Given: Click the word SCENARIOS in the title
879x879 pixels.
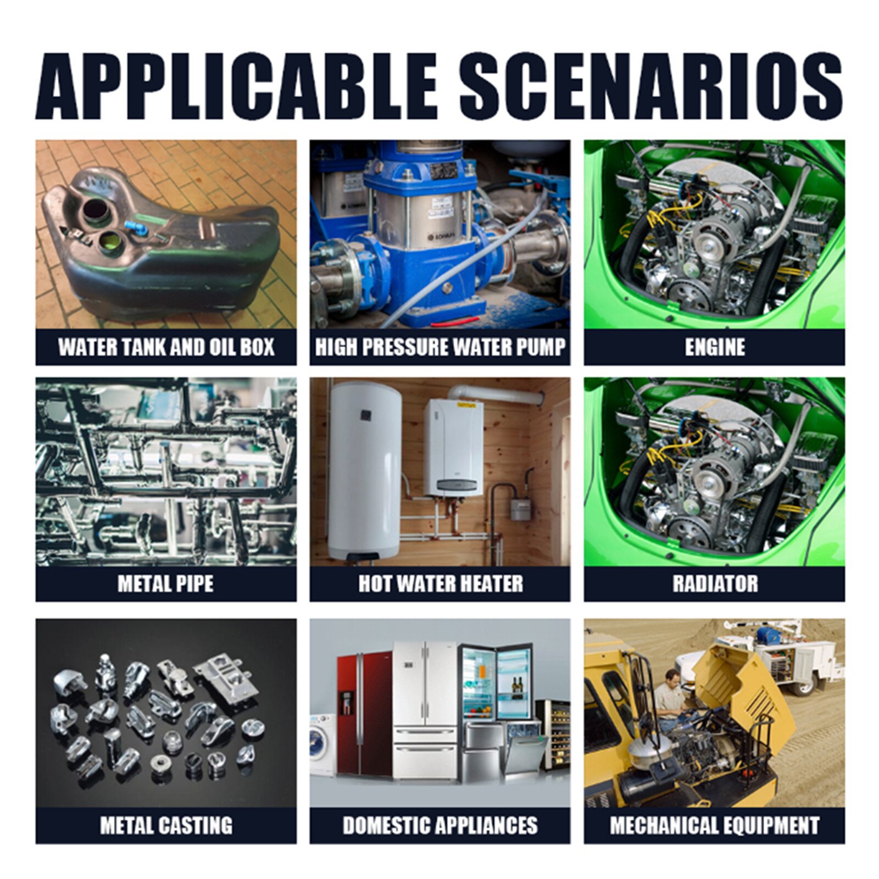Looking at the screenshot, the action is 650,86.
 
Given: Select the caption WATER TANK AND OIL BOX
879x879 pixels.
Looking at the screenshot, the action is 166,347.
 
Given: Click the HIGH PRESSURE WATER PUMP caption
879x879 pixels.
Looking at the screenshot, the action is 440,347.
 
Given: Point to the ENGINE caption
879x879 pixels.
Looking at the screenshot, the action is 715,347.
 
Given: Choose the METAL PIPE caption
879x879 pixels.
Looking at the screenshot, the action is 166,583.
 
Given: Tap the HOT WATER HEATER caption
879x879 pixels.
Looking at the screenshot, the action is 441,583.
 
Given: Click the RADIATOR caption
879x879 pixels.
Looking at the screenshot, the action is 715,583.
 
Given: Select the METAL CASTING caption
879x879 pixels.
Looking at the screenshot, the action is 166,826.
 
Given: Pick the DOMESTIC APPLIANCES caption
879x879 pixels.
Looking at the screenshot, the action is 440,826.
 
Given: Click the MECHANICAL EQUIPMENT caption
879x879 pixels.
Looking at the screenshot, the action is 715,826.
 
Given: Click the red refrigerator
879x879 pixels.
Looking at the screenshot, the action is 364,715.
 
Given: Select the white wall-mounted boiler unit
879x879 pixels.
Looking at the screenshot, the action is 453,448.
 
